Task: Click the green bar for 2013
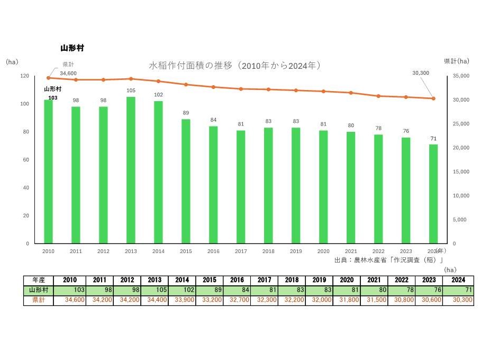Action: tap(131, 170)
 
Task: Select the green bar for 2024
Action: tap(433, 194)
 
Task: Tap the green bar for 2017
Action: tap(241, 187)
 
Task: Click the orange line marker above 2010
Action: tap(48, 78)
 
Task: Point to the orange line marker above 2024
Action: tap(433, 98)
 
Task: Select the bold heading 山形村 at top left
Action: tap(73, 48)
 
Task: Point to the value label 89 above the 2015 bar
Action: tap(186, 113)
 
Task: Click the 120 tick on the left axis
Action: tap(25, 76)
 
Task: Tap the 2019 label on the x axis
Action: tap(296, 251)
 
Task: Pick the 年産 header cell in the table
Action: tap(38, 280)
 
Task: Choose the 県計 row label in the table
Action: tap(38, 300)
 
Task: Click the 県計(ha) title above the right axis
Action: tap(456, 61)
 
